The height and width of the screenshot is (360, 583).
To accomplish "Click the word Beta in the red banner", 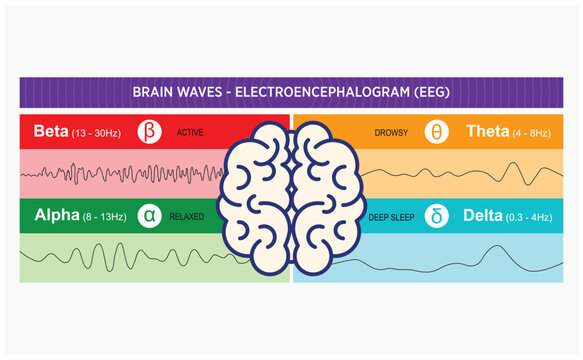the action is (50, 131).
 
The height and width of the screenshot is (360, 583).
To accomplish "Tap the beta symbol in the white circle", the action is (149, 132).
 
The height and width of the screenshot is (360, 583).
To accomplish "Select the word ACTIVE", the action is (190, 132).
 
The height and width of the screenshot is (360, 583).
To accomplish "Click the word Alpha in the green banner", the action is (56, 215).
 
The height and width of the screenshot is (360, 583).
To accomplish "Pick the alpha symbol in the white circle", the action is (149, 215).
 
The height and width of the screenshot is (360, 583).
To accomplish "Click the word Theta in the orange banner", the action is (489, 131).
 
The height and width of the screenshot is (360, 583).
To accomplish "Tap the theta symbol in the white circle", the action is (437, 132).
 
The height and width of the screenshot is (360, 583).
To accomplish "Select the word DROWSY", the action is (391, 132).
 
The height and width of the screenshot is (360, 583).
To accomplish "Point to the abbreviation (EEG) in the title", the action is (427, 92).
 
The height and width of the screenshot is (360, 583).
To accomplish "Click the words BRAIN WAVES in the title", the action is (174, 92).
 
